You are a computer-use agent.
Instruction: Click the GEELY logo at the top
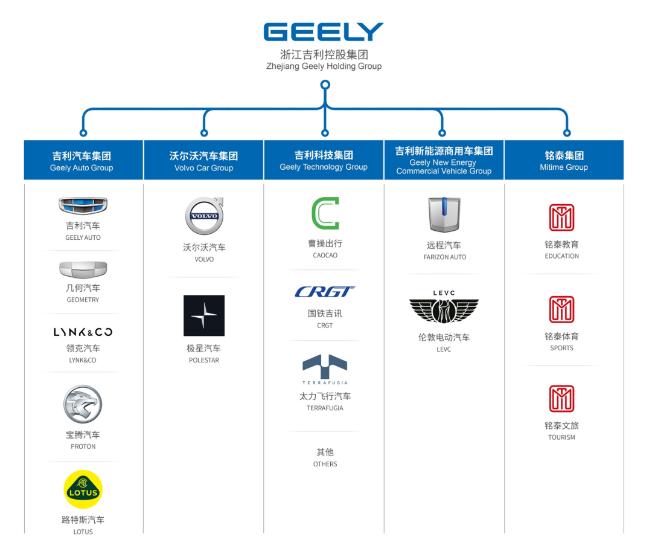point(324,32)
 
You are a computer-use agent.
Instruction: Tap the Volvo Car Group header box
point(203,161)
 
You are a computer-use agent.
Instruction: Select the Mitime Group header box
point(564,161)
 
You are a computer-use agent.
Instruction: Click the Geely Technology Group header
point(324,161)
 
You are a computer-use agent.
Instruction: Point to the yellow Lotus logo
point(83,489)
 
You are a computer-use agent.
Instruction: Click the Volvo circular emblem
point(204,216)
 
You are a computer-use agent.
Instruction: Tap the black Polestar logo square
point(204,315)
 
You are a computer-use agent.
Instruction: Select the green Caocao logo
point(325,213)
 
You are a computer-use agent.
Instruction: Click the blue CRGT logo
point(325,292)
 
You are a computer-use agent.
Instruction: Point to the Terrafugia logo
point(325,368)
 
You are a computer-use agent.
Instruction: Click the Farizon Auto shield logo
point(444,215)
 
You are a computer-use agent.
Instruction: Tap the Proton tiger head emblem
point(83,404)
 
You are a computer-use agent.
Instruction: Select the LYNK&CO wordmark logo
point(83,332)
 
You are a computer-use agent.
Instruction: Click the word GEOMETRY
point(83,300)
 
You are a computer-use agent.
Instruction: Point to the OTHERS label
point(325,464)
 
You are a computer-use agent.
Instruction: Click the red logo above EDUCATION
point(561,217)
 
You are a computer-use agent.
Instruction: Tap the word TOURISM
point(561,437)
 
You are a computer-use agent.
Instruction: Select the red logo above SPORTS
point(561,309)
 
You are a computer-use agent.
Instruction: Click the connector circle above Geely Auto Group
point(83,133)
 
